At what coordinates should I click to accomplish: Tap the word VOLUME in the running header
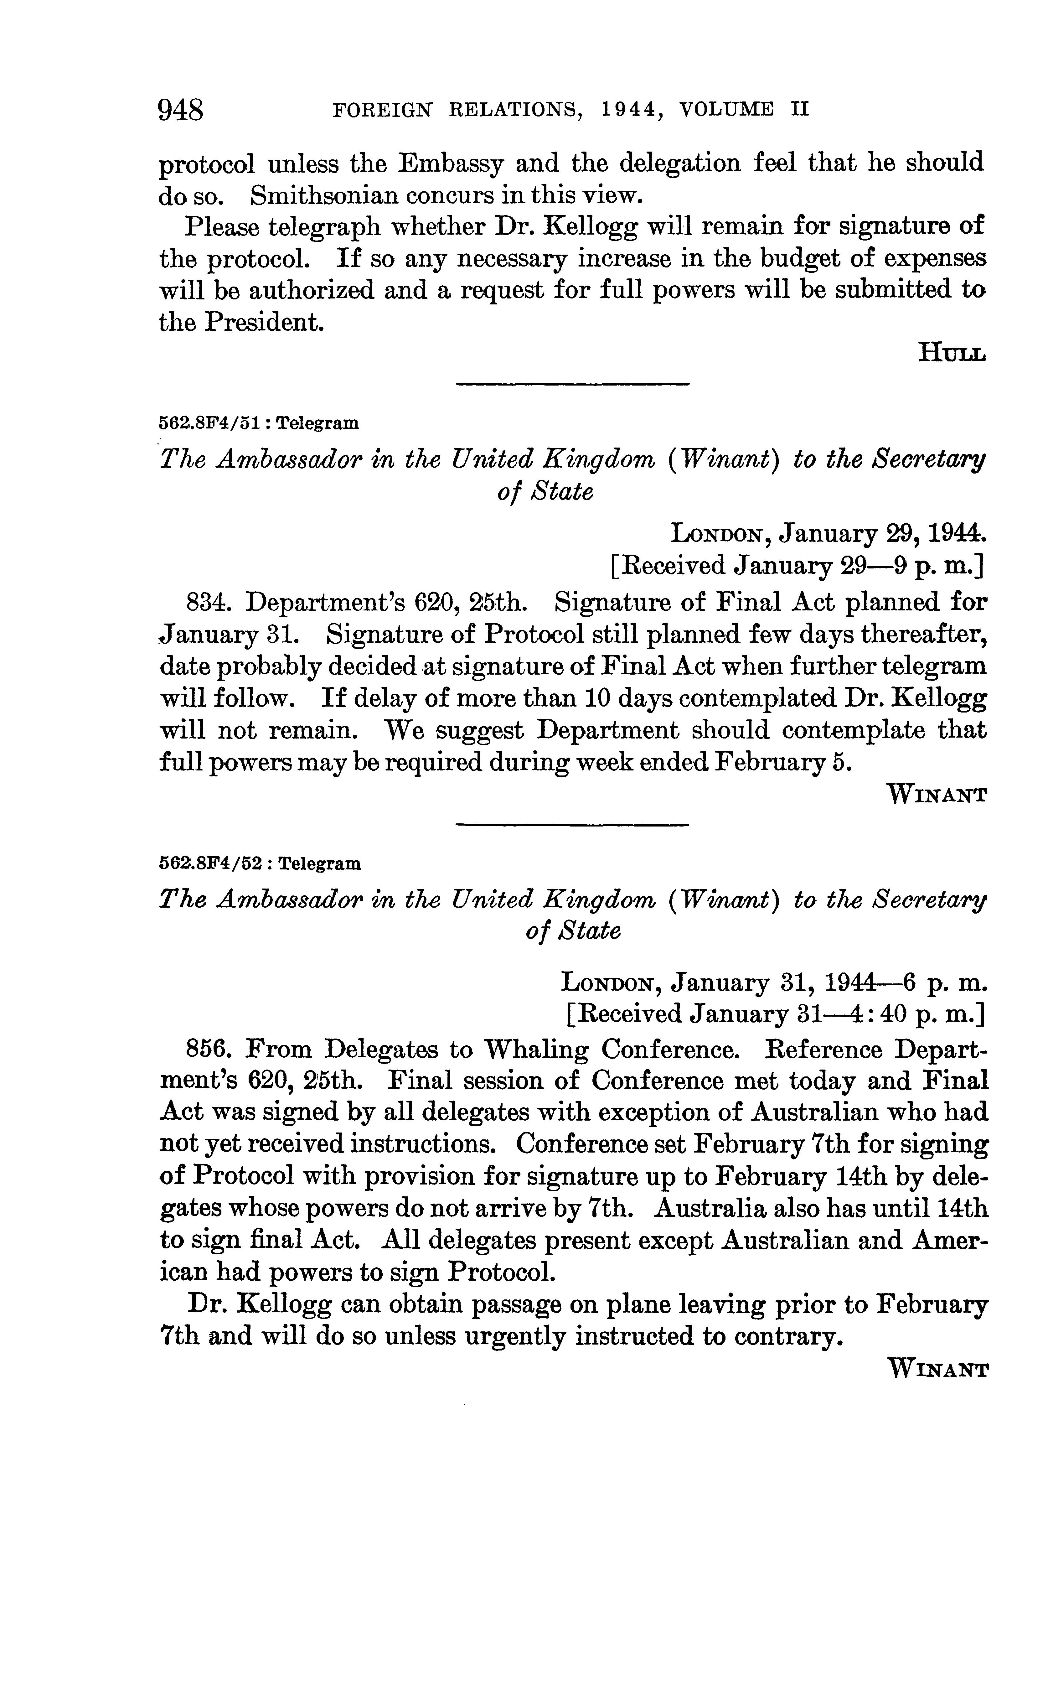(726, 110)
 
